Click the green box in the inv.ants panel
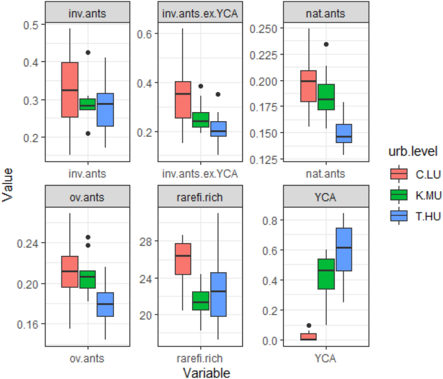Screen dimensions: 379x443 pos(87,104)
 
